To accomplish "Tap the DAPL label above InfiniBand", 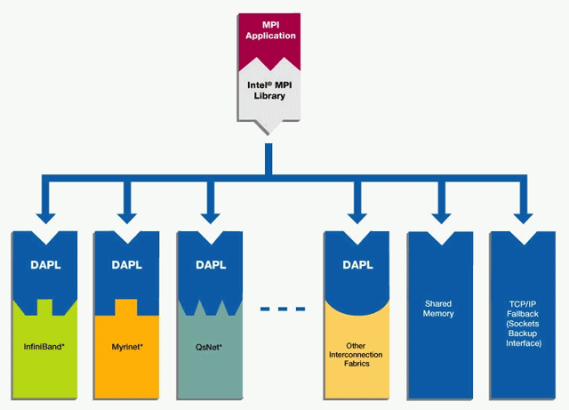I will coord(44,265).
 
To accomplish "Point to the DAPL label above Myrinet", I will coord(127,265).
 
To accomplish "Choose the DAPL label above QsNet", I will coord(211,265).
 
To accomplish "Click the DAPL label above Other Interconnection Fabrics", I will coord(357,265).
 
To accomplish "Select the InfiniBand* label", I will coord(44,344).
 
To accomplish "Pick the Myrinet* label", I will coord(127,344).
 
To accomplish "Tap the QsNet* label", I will coord(210,344).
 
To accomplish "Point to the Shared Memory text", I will coord(438,309).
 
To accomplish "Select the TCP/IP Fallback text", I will coord(521,322).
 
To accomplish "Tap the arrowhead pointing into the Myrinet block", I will coord(127,216).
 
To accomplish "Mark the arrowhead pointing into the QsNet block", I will coord(211,216).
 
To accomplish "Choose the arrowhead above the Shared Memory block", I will coord(438,216).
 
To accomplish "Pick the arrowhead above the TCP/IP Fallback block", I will coord(521,216).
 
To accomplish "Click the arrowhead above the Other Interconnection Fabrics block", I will coord(357,216).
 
